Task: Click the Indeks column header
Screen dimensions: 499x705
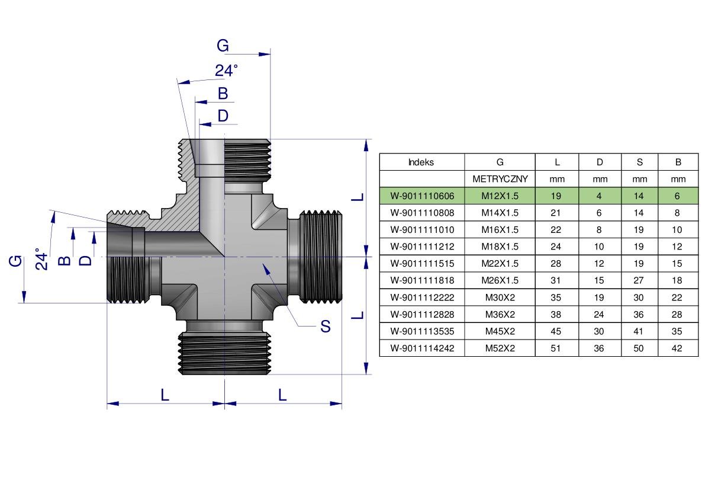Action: click(421, 162)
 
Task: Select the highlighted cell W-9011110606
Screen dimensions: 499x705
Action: click(421, 196)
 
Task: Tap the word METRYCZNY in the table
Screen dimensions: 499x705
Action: click(500, 179)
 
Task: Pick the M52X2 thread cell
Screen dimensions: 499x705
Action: click(500, 348)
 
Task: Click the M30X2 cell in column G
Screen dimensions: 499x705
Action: click(500, 298)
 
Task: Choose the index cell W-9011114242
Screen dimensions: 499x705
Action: click(421, 348)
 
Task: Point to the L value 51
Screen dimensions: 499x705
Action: click(556, 348)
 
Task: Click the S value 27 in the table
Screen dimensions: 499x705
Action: click(639, 280)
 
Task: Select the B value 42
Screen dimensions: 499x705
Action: click(677, 348)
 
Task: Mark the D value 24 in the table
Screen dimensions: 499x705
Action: click(599, 315)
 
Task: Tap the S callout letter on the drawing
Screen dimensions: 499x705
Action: click(325, 326)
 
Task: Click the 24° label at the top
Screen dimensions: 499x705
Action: click(226, 71)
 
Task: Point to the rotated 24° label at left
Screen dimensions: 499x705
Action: click(41, 259)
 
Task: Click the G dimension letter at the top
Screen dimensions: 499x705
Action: click(223, 46)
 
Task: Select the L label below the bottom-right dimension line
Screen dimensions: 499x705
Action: click(282, 395)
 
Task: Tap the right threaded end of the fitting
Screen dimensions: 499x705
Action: click(321, 257)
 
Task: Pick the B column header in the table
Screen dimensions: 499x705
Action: click(677, 162)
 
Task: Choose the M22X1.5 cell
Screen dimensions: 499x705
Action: click(500, 264)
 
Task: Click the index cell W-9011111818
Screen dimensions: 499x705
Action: click(421, 280)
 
